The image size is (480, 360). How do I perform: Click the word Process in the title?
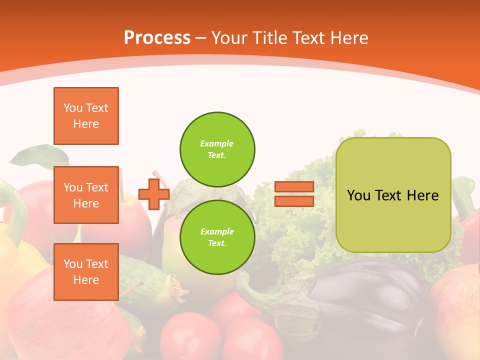(157, 38)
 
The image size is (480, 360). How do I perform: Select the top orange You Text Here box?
(86, 116)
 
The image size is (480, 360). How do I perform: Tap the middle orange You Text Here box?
(86, 195)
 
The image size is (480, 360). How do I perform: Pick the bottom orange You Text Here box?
(86, 272)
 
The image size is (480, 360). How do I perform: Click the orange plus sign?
(154, 193)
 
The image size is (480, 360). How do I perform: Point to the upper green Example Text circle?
(217, 149)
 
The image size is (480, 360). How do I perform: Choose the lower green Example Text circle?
(217, 237)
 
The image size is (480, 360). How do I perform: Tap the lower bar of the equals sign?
(294, 201)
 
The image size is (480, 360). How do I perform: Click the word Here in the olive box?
(422, 195)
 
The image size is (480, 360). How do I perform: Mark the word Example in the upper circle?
(216, 144)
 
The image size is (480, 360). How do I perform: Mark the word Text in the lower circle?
(216, 243)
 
